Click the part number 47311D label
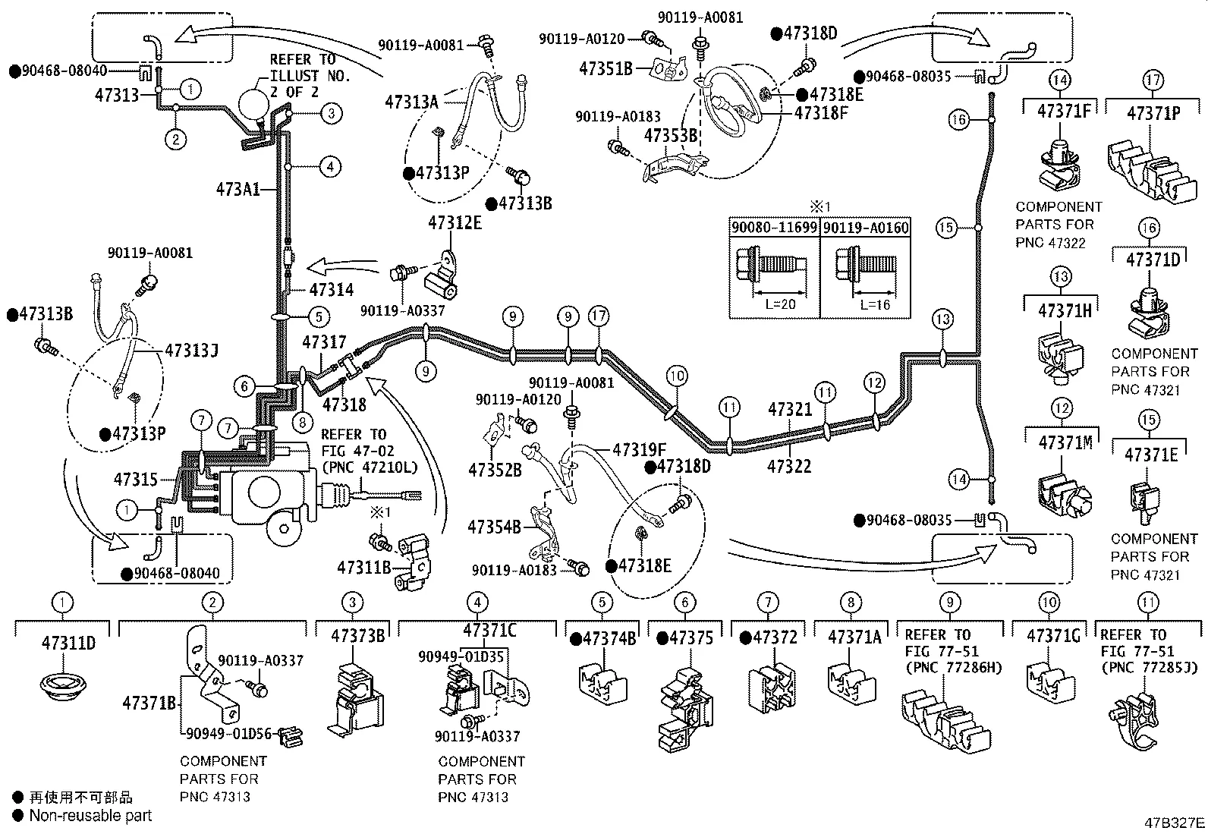pyautogui.click(x=68, y=643)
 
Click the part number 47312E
pyautogui.click(x=455, y=222)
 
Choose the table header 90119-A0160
pyautogui.click(x=866, y=228)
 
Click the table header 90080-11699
pyautogui.click(x=774, y=228)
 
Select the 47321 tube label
pyautogui.click(x=790, y=410)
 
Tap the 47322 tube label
pyautogui.click(x=789, y=466)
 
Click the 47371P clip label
pyautogui.click(x=1153, y=113)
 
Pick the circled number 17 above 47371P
pyautogui.click(x=1153, y=80)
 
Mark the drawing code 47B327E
pyautogui.click(x=1175, y=823)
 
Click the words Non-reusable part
pyautogui.click(x=90, y=816)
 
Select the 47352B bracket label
pyautogui.click(x=495, y=471)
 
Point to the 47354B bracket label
pyautogui.click(x=494, y=526)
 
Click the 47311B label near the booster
pyautogui.click(x=363, y=567)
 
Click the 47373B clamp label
pyautogui.click(x=357, y=636)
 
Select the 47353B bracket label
pyautogui.click(x=670, y=136)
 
